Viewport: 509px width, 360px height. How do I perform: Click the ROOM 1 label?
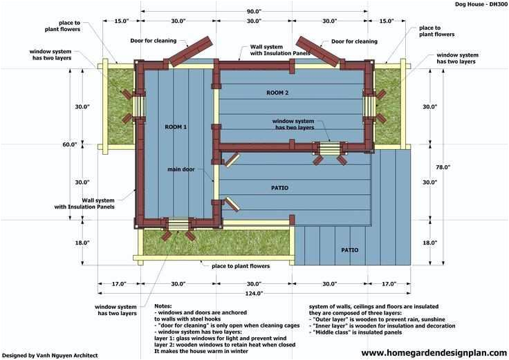coord(176,127)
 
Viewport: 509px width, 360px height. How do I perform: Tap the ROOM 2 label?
coord(277,92)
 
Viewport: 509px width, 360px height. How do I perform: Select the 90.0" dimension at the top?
coord(253,11)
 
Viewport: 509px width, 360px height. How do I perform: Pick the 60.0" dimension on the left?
coord(69,144)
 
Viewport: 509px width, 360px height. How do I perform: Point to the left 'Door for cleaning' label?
coord(153,41)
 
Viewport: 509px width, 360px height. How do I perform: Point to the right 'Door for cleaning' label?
coord(354,41)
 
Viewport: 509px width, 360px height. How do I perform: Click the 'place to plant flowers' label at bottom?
coord(241,265)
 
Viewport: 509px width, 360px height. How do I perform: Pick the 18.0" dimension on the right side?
coord(430,243)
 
